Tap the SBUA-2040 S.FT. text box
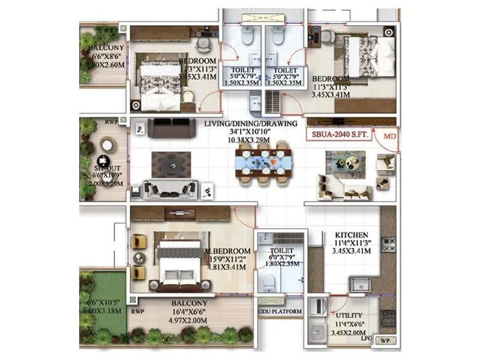click(x=340, y=136)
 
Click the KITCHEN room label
click(x=352, y=235)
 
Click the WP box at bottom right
click(x=385, y=340)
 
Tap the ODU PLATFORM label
click(x=279, y=311)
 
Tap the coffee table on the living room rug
click(x=171, y=164)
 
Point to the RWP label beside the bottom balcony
click(x=137, y=312)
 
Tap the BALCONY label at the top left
click(x=106, y=47)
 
